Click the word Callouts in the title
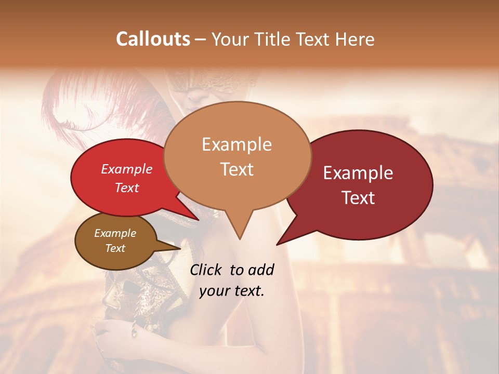(153, 39)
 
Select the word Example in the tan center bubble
(237, 144)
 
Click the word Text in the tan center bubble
(237, 169)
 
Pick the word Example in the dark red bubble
(358, 173)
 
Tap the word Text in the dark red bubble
(358, 198)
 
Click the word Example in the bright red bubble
(126, 169)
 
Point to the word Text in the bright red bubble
(126, 188)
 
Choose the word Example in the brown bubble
(115, 233)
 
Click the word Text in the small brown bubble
(115, 248)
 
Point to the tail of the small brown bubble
(177, 249)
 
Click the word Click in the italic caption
(207, 270)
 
